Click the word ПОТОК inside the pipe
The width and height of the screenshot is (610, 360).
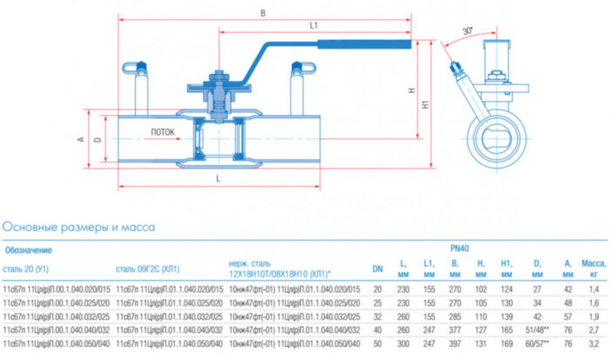coord(163,132)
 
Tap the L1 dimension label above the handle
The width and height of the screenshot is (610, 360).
coord(313,26)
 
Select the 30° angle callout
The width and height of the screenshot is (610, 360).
coord(467,31)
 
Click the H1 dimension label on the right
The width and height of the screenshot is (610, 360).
coord(425,103)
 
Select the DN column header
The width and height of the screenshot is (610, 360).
coord(377,268)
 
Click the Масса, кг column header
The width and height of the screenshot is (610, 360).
coord(593,268)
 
